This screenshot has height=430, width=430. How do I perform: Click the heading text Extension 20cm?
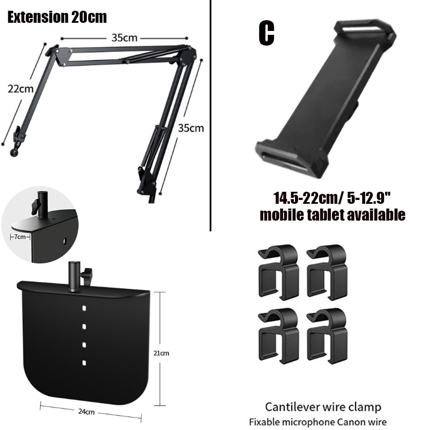pos(57,17)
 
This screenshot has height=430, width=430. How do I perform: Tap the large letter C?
pos(266,33)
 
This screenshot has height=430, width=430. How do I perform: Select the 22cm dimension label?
pos(21,89)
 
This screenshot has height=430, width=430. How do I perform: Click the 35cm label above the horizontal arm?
pos(124,38)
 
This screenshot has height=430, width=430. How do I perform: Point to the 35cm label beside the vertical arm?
pos(191,128)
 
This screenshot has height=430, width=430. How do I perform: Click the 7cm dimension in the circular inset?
pos(20,236)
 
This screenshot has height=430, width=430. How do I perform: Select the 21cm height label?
pos(161,353)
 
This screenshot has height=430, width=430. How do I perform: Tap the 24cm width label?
pos(86,412)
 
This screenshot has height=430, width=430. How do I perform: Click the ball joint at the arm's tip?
pos(13,153)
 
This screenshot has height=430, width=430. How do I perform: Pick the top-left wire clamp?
pos(278,273)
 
